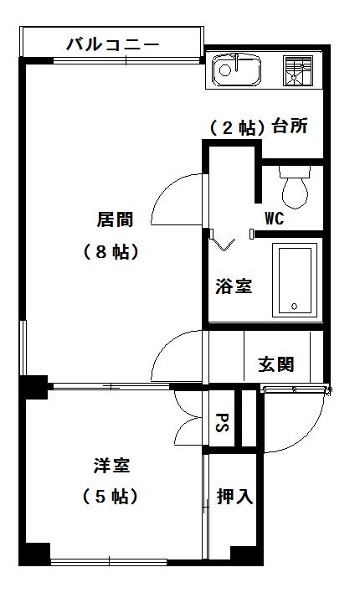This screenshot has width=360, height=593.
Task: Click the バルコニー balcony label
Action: (x=113, y=44)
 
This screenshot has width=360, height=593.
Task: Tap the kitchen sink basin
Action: (x=236, y=70)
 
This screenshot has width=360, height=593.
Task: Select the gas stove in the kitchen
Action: (x=298, y=70)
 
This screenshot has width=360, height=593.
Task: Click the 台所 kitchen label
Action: (x=290, y=126)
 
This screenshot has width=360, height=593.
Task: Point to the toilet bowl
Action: (x=295, y=187)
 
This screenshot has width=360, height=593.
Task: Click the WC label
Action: (x=274, y=219)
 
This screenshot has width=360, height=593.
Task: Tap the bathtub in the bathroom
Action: (x=295, y=281)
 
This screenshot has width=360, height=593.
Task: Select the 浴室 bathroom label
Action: (x=234, y=286)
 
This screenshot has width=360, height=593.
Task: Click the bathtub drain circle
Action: (x=294, y=307)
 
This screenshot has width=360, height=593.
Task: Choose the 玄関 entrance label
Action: (x=276, y=364)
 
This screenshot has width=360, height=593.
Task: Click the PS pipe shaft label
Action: (x=222, y=422)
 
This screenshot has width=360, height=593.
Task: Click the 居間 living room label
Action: (x=115, y=219)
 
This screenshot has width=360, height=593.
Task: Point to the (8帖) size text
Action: (x=111, y=251)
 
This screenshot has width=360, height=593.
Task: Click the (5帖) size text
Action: (x=110, y=497)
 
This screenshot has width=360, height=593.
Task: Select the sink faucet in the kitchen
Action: (x=236, y=63)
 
